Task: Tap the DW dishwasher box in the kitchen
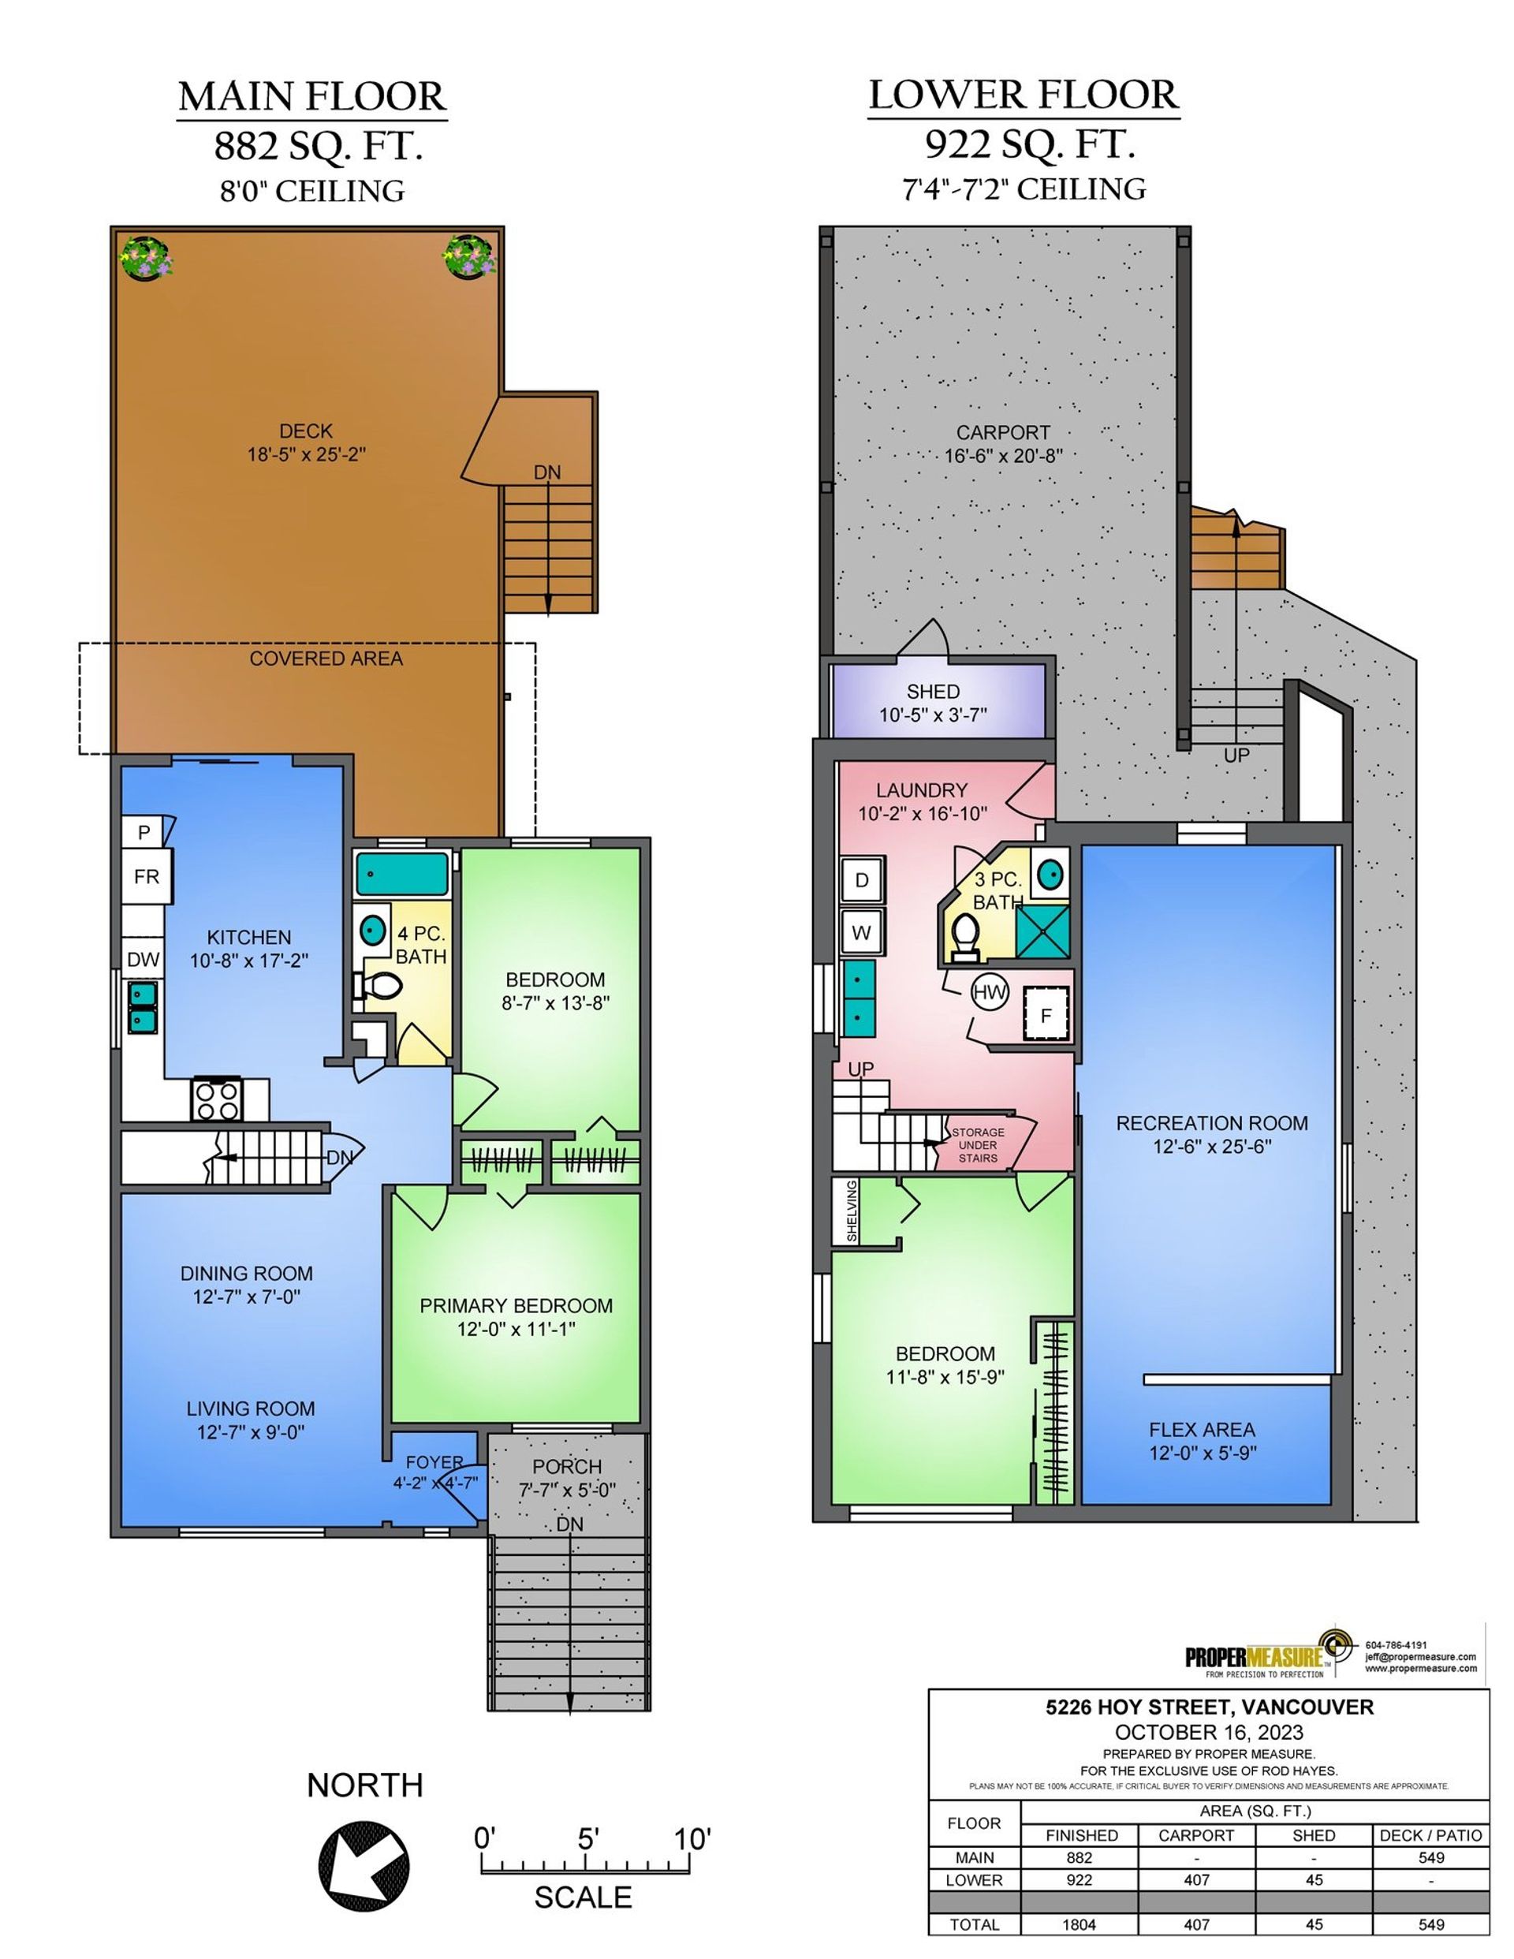coord(144,960)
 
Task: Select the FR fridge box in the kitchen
coord(146,875)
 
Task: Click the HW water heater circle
coord(990,992)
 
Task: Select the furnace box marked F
coord(1046,1014)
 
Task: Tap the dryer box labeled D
coord(862,880)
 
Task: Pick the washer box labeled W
coord(862,932)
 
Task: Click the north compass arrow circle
coord(364,1868)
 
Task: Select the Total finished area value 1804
coord(1080,1924)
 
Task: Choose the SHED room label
coord(933,692)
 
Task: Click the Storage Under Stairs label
coord(978,1145)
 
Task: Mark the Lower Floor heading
coord(1024,95)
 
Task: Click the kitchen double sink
coord(143,1007)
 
